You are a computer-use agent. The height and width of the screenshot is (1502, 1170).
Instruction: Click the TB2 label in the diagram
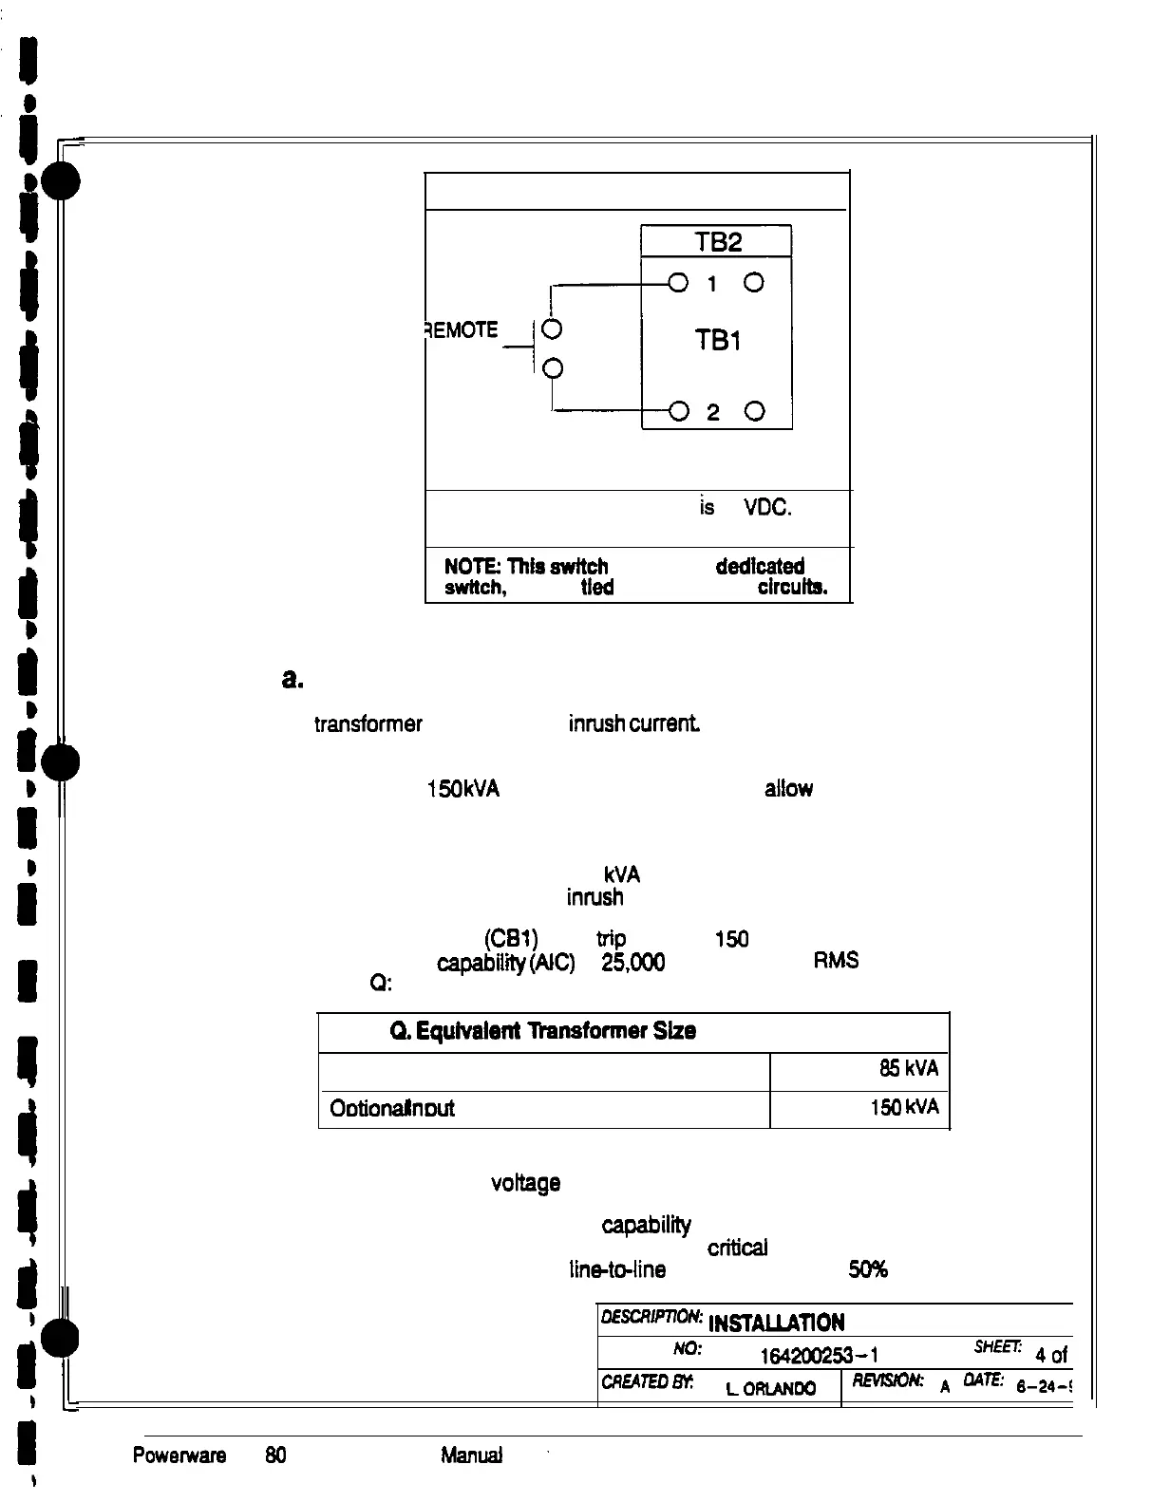[717, 242]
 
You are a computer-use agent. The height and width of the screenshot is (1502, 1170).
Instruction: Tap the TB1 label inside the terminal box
[717, 340]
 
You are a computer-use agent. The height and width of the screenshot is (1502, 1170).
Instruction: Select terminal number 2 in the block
[714, 412]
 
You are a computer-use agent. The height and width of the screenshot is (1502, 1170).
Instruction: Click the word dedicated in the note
[760, 567]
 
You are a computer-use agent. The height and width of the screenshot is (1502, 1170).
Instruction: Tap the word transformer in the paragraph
[368, 725]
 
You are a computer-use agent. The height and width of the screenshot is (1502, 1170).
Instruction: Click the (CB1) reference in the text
[512, 939]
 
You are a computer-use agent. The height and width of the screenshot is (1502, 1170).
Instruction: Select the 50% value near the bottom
[867, 1269]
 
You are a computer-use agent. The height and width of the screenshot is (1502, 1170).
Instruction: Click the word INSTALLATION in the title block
[777, 1323]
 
